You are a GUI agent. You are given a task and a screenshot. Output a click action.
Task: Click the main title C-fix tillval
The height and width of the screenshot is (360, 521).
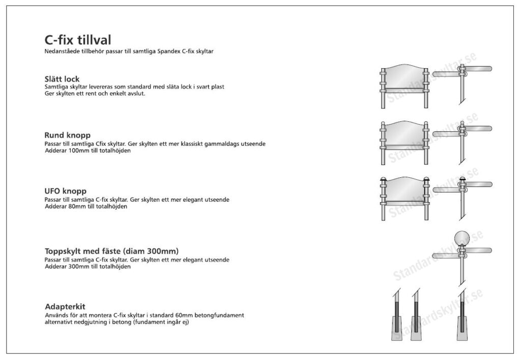78,40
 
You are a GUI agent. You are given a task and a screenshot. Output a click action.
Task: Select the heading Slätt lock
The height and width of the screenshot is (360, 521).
62,79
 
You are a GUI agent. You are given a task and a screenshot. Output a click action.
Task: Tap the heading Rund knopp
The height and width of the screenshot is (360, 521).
68,135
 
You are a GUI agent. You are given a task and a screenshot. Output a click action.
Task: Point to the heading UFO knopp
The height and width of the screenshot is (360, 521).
66,191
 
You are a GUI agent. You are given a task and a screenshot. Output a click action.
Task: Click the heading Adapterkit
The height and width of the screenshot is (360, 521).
65,307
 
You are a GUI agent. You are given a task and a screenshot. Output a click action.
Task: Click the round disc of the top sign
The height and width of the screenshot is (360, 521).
462,238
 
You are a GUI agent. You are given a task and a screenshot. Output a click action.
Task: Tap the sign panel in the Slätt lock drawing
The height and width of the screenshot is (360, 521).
404,77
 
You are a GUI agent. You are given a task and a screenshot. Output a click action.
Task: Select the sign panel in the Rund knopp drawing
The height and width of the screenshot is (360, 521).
404,133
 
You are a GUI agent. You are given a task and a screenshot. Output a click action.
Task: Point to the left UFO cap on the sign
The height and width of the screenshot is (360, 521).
383,179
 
